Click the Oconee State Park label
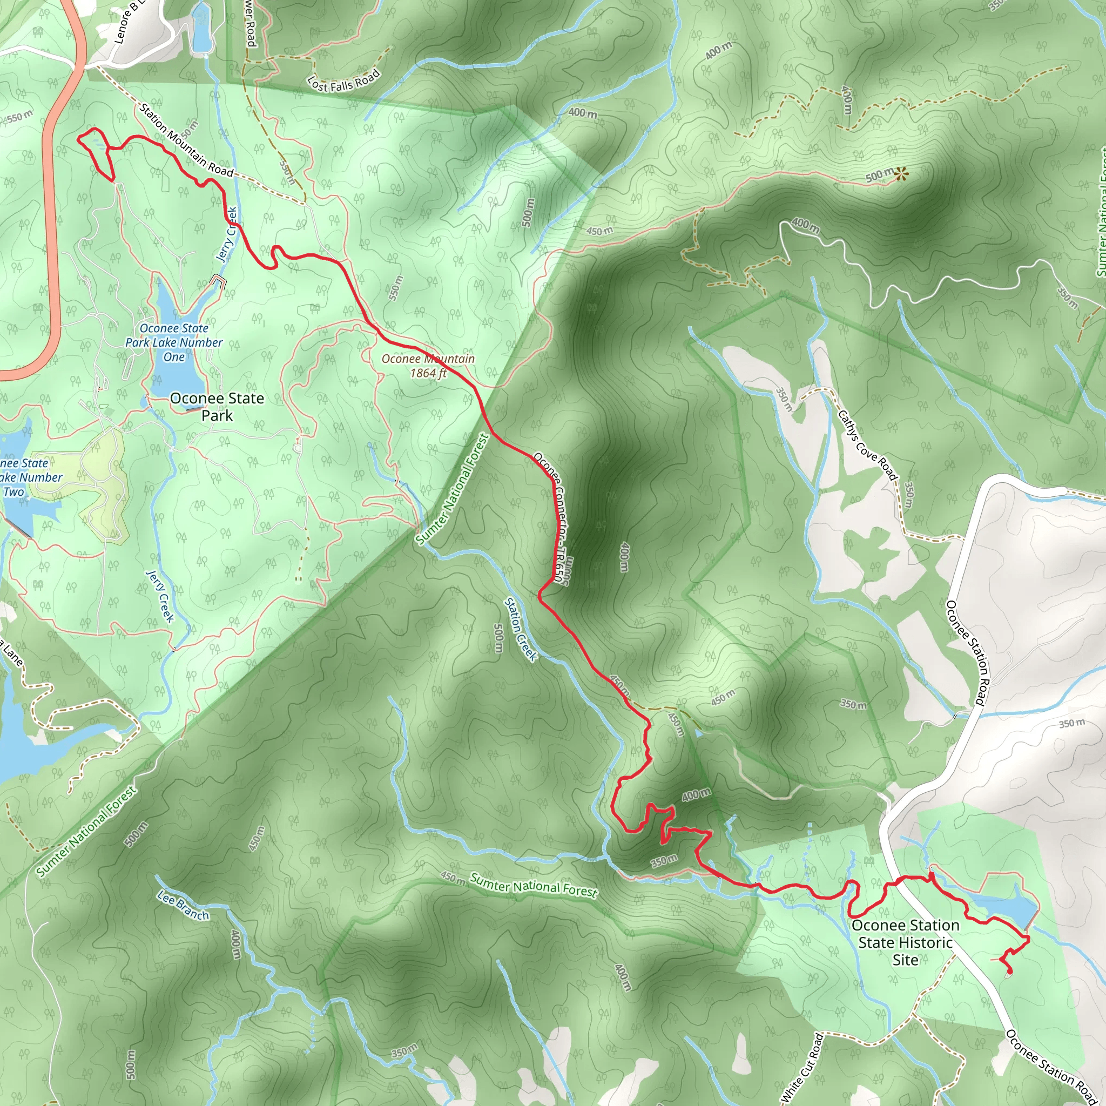pos(217,407)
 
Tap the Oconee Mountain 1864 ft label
pos(428,366)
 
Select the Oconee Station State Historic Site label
pos(905,942)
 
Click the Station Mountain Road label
pos(186,141)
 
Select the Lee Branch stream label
pos(184,905)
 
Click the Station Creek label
pos(521,630)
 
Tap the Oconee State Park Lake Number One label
pos(174,342)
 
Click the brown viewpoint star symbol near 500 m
pos(902,173)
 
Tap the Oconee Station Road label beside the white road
pos(966,652)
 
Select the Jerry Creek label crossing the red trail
pos(227,234)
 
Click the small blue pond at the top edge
pos(201,29)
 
